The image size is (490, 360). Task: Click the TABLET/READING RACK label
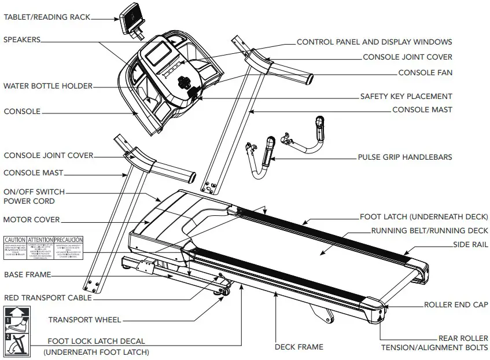pos(47,17)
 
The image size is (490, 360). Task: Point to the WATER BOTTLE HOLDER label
pos(47,86)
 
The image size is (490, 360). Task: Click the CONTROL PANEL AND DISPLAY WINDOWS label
pos(374,42)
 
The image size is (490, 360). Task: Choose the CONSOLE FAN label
pos(425,73)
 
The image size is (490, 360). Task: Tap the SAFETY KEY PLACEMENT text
pos(406,97)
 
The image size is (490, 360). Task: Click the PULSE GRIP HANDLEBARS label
pos(405,157)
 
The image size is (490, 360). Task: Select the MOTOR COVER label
pos(31,220)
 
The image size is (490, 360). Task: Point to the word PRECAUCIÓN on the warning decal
pos(69,239)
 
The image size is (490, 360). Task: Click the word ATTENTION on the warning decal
pos(40,239)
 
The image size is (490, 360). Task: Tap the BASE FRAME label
pos(28,274)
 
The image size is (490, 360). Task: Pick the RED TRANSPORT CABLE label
pos(47,297)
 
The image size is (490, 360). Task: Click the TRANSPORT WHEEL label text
pos(84,319)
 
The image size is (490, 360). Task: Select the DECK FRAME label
pos(298,347)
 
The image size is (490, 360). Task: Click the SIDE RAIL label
pos(470,245)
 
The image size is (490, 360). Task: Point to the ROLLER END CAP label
pos(456,304)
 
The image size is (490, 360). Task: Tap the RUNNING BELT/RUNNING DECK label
pos(429,231)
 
